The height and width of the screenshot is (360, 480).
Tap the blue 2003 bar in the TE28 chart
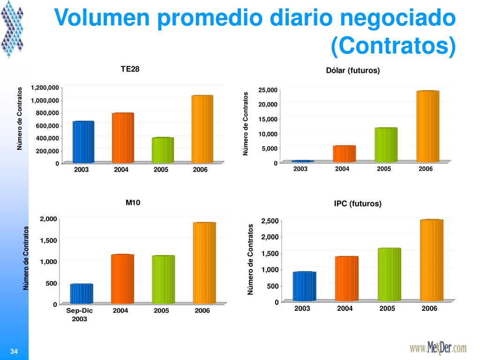coord(83,142)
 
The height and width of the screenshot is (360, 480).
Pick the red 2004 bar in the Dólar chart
coord(344,154)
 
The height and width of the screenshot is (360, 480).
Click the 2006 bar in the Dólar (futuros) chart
coord(427,126)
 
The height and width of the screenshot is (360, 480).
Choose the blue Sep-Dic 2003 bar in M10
coord(82,293)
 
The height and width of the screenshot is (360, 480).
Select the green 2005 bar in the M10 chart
coord(163,279)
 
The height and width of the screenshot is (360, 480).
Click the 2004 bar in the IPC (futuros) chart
coord(346,278)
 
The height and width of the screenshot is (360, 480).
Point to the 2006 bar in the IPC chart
coord(431,260)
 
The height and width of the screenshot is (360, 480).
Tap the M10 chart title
coord(133,202)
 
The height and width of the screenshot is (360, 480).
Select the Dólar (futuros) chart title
coord(352,70)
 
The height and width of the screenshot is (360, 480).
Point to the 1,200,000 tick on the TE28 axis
coord(45,88)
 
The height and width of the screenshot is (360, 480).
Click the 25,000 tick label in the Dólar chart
coord(268,90)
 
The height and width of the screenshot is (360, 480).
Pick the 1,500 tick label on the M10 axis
coord(48,240)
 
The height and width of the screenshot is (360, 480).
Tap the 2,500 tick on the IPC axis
coord(270,221)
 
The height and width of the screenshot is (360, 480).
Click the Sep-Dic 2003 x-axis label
coord(80,315)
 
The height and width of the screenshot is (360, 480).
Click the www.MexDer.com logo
coord(438,348)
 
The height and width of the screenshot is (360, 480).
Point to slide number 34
coord(14,352)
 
